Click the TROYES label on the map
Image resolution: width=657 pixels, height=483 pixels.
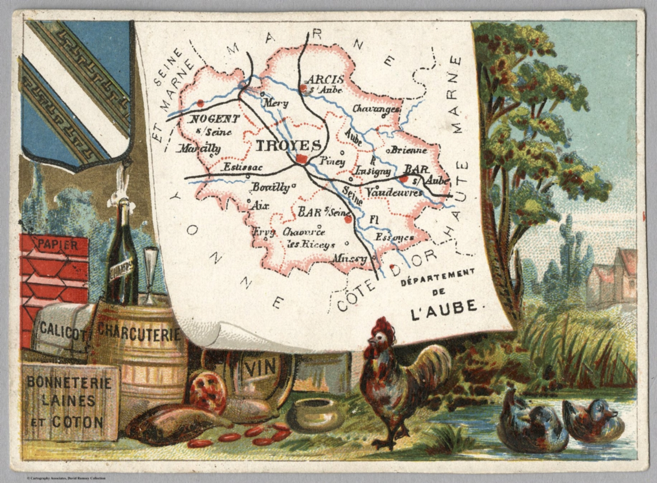(288, 146)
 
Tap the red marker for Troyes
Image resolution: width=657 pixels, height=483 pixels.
(302, 159)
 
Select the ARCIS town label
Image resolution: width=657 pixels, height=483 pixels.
(325, 80)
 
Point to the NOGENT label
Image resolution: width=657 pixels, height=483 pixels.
(214, 119)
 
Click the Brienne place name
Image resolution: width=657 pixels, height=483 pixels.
(408, 150)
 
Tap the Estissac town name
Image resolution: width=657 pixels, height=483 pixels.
(243, 168)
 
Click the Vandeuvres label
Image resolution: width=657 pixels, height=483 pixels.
(394, 193)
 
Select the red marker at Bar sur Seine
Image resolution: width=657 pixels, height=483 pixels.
(348, 220)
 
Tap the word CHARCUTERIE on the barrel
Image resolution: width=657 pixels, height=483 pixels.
(139, 332)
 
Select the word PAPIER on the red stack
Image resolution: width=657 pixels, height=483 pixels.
(58, 245)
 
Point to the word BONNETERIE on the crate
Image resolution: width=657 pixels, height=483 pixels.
(69, 382)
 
